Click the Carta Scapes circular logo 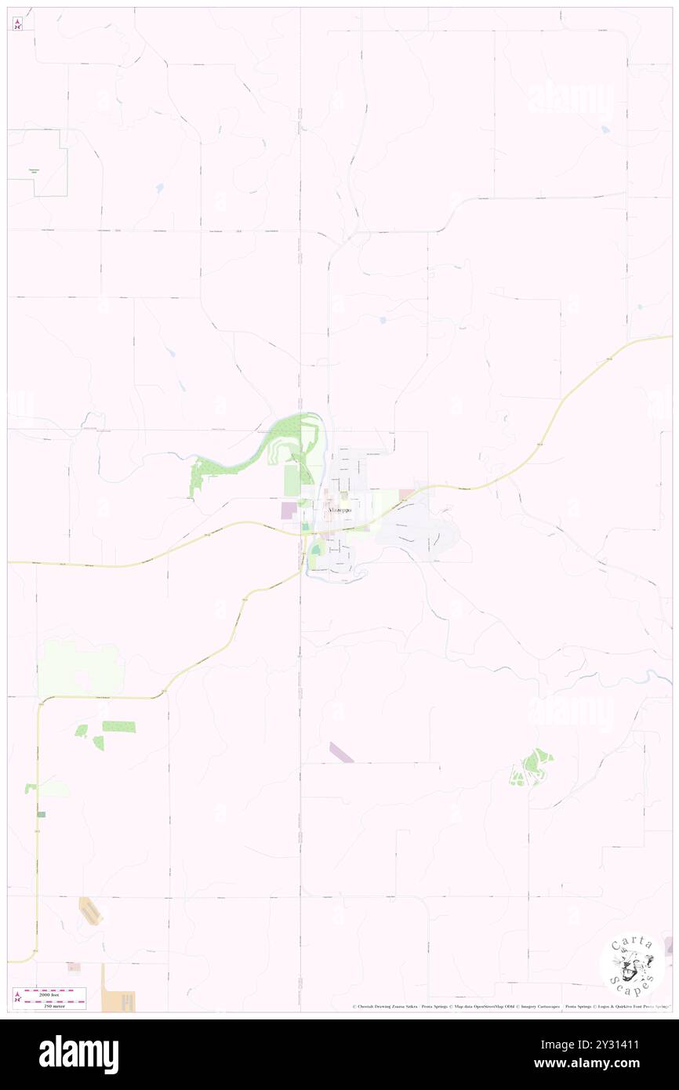tap(632, 965)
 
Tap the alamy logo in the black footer tap(78, 1054)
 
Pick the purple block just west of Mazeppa tap(289, 510)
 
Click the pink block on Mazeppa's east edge tap(407, 494)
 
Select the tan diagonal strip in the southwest tap(91, 910)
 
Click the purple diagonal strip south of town tap(341, 751)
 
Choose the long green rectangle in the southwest tap(118, 726)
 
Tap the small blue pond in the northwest tap(160, 188)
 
